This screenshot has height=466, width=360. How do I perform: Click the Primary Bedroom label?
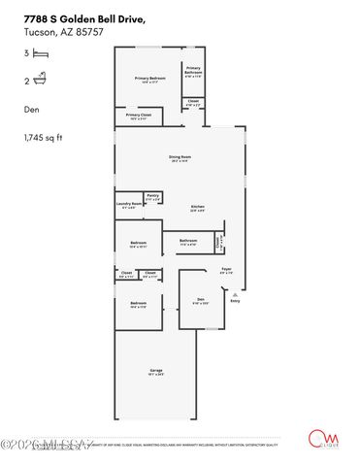tap(150, 78)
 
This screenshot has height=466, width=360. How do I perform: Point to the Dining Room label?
tap(180, 156)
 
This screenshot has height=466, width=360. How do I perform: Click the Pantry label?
tap(152, 195)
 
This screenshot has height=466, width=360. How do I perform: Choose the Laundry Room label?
tap(127, 203)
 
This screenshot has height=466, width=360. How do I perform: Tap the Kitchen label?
tap(198, 207)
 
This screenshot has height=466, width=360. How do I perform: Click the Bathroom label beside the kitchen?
tap(187, 240)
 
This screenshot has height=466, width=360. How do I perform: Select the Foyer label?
tap(226, 269)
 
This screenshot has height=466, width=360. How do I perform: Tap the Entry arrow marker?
tap(233, 292)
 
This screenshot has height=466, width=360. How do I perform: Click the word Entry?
tap(235, 301)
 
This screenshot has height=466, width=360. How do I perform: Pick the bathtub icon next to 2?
tap(41, 83)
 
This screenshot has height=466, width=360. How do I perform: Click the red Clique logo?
tap(317, 439)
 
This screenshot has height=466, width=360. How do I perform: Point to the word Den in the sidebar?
tap(31, 110)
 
